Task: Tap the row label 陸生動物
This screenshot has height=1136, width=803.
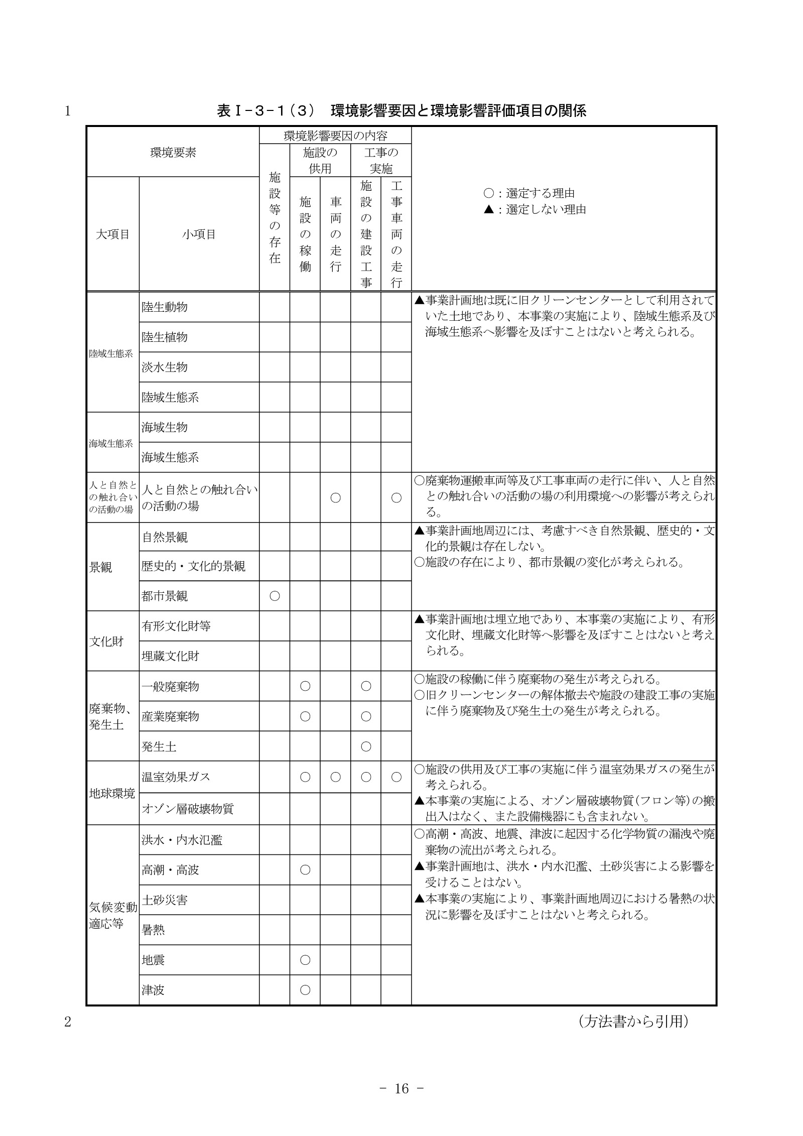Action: (165, 307)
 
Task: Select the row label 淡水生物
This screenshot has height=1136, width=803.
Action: (165, 367)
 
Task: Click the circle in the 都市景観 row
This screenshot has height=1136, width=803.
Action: (275, 596)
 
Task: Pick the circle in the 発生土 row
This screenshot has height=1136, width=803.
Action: (366, 746)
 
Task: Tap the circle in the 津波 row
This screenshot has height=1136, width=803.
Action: (305, 990)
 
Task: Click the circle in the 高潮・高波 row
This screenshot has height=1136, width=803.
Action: (305, 869)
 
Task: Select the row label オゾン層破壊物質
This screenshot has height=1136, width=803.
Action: (188, 809)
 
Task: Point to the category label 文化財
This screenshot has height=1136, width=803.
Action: (106, 642)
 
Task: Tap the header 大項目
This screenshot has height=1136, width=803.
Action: (112, 234)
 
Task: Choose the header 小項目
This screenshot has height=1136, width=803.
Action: (199, 234)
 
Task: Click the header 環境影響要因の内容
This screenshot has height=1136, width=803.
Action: (335, 136)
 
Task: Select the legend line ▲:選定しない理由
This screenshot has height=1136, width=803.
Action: (535, 209)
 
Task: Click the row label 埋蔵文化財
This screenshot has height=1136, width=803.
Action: (171, 656)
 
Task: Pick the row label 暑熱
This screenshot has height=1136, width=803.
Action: (154, 930)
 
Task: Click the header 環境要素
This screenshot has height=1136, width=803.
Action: (173, 153)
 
